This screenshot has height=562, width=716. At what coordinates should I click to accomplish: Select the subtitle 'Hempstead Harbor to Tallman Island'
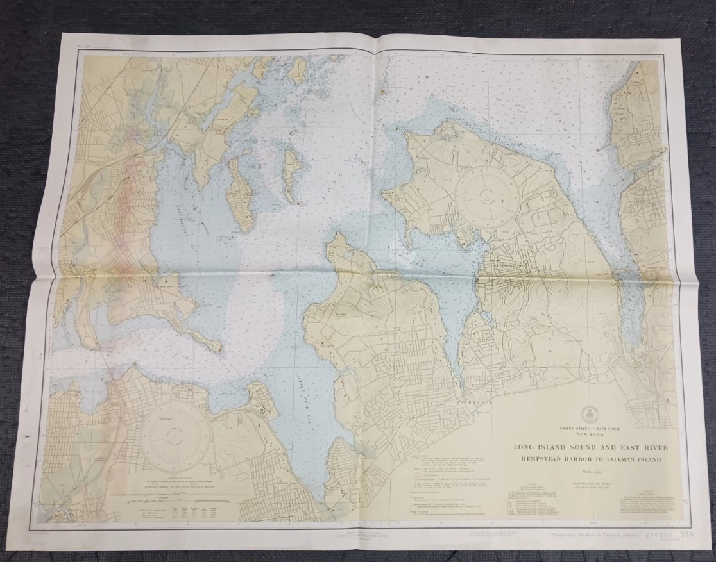coord(587,459)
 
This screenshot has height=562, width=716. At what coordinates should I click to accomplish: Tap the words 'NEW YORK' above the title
coord(586,433)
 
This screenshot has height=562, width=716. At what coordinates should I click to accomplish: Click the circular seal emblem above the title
coord(586,413)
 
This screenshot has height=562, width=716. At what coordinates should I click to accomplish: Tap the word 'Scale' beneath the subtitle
coord(586,470)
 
